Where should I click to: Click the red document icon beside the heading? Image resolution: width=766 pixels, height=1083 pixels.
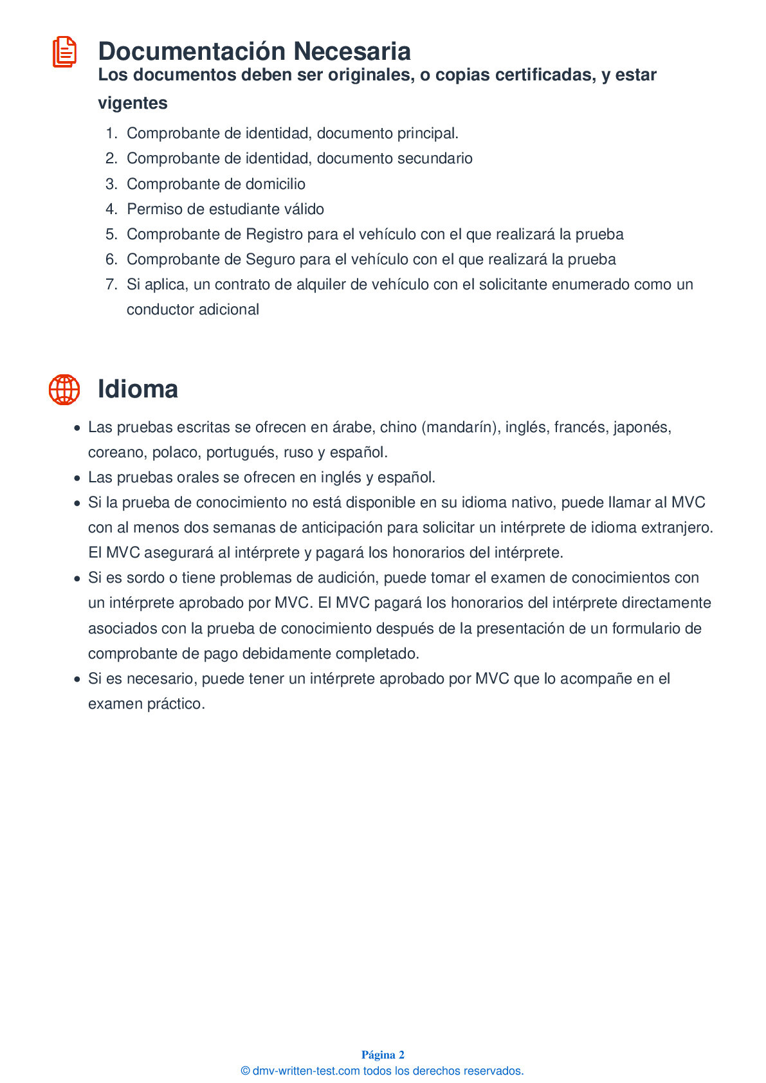pyautogui.click(x=64, y=52)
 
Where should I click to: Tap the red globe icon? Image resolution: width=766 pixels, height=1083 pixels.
pyautogui.click(x=64, y=390)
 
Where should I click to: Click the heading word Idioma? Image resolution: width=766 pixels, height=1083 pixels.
pyautogui.click(x=138, y=390)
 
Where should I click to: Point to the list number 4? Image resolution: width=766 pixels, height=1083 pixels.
pyautogui.click(x=111, y=209)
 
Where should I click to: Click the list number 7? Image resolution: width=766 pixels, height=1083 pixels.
pyautogui.click(x=111, y=284)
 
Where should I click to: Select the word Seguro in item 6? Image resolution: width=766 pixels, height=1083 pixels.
pyautogui.click(x=270, y=259)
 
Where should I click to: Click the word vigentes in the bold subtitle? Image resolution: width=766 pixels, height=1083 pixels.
pyautogui.click(x=132, y=103)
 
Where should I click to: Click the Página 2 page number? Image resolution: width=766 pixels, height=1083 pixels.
pyautogui.click(x=383, y=1055)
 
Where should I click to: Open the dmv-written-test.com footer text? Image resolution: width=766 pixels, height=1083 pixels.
pyautogui.click(x=382, y=1071)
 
